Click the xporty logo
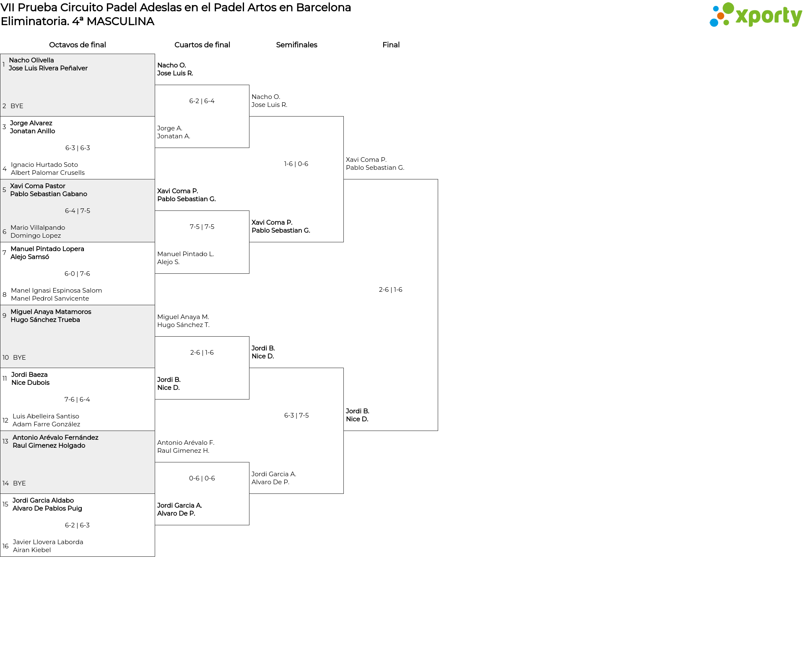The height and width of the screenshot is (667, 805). click(x=756, y=15)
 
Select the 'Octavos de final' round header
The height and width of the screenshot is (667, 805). click(x=78, y=45)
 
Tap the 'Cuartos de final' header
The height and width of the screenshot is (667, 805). click(x=202, y=45)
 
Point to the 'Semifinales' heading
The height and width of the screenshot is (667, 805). click(x=296, y=45)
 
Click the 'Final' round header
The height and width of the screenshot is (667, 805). click(x=391, y=45)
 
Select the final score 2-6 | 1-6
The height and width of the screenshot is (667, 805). click(x=390, y=290)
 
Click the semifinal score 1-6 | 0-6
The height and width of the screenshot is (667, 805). click(x=296, y=164)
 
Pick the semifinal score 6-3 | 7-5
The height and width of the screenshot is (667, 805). click(x=296, y=415)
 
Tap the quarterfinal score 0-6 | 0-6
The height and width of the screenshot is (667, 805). click(x=202, y=478)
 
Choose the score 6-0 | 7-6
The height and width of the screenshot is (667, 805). click(x=77, y=274)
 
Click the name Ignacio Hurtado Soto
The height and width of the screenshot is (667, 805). click(x=44, y=165)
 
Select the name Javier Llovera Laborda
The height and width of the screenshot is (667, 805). click(x=48, y=542)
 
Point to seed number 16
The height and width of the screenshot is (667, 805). click(x=5, y=546)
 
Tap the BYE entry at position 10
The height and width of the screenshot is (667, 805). click(x=19, y=358)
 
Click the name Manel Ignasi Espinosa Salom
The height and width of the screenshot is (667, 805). click(x=56, y=291)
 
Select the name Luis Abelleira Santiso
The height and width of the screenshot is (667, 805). click(x=46, y=416)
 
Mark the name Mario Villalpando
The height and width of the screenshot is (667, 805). click(x=38, y=228)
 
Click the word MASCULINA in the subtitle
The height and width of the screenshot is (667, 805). click(x=120, y=21)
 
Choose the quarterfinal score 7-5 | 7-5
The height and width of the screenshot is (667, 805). click(x=202, y=227)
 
